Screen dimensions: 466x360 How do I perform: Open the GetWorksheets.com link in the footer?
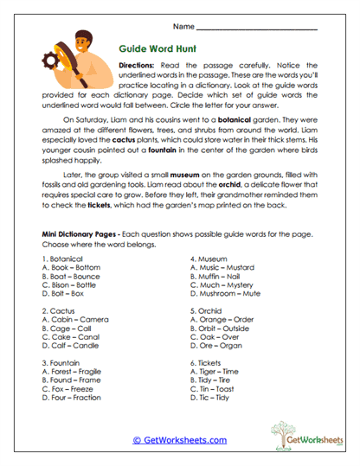click(x=179, y=439)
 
